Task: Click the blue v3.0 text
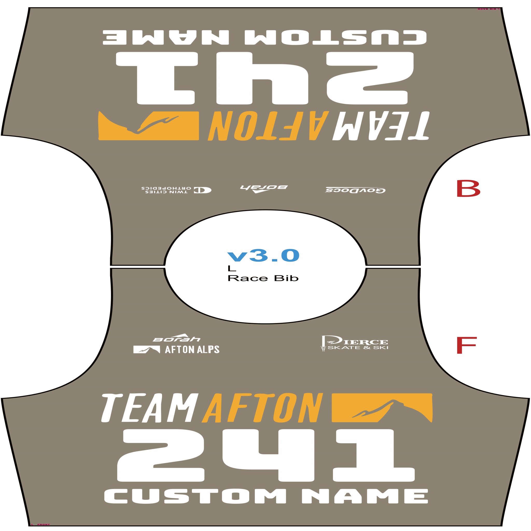pyautogui.click(x=263, y=255)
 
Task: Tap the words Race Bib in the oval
pyautogui.click(x=263, y=278)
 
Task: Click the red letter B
pyautogui.click(x=468, y=188)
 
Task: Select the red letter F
pyautogui.click(x=466, y=345)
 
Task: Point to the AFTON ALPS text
pyautogui.click(x=192, y=350)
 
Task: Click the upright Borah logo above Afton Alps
pyautogui.click(x=177, y=338)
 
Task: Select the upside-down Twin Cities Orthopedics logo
pyautogui.click(x=176, y=190)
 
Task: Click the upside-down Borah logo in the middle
pyautogui.click(x=263, y=188)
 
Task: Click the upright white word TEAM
pyautogui.click(x=150, y=408)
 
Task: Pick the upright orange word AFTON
pyautogui.click(x=262, y=408)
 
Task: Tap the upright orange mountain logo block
pyautogui.click(x=382, y=408)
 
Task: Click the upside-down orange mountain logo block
pyautogui.click(x=149, y=126)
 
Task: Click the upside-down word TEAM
pyautogui.click(x=381, y=126)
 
